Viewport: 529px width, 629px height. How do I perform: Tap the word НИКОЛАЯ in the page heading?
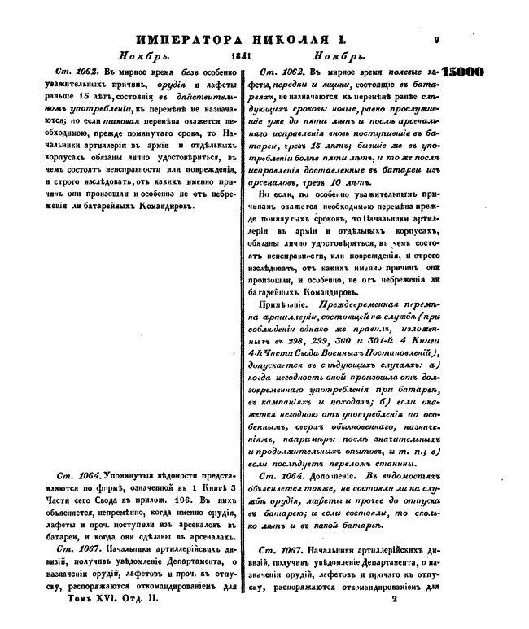pyautogui.click(x=273, y=39)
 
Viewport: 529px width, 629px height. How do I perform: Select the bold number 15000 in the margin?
pyautogui.click(x=462, y=72)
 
